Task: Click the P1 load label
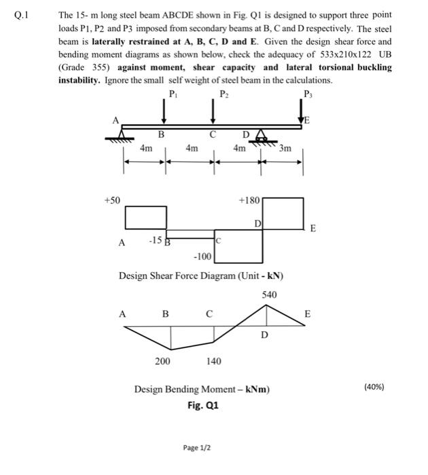[173, 93]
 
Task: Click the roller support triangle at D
[261, 136]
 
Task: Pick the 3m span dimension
[285, 148]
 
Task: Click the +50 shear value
[112, 200]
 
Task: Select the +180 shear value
[250, 200]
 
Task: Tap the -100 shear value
[203, 256]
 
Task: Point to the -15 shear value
[156, 240]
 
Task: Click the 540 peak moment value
[270, 294]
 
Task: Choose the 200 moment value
[163, 361]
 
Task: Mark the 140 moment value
[213, 361]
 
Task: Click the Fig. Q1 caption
[202, 406]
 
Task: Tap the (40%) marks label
[374, 387]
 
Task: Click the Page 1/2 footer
[197, 449]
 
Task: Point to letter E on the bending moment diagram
[307, 314]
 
